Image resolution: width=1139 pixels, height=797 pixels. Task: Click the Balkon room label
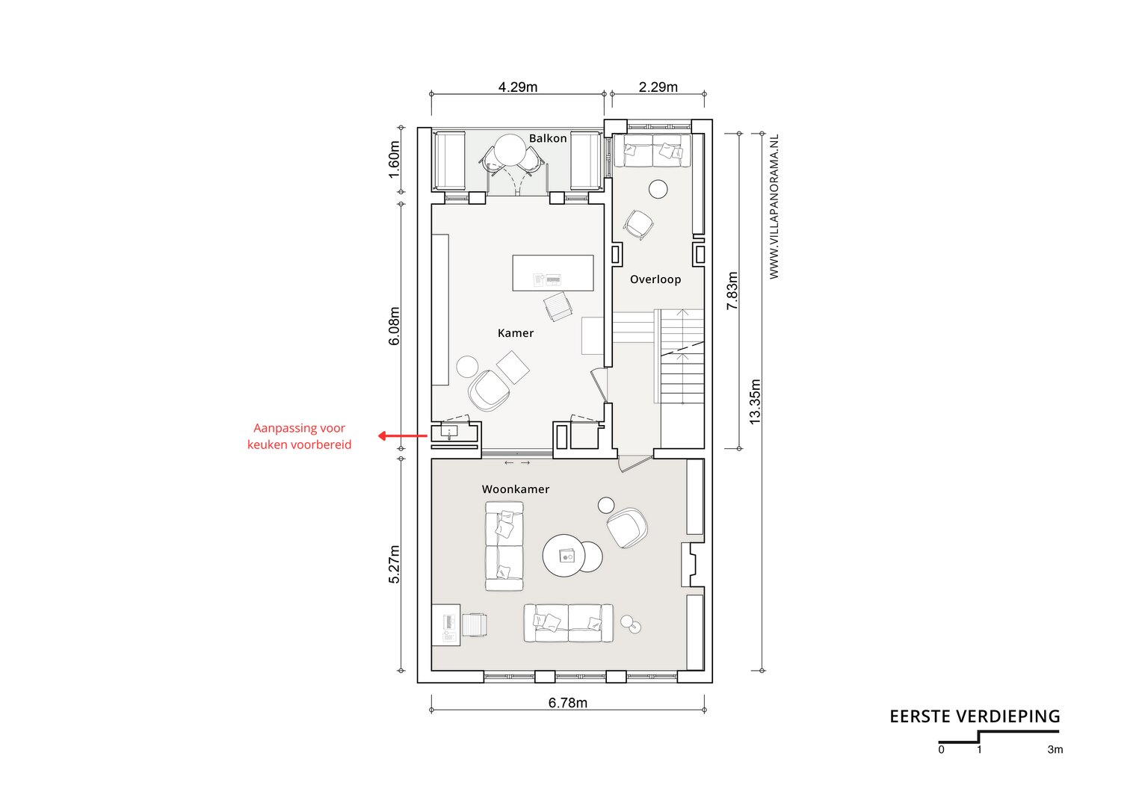(x=548, y=138)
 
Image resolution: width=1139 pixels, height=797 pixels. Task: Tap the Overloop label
(x=655, y=279)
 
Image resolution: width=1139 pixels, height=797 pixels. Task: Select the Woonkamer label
(x=516, y=489)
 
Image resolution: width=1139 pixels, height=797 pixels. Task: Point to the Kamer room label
(x=516, y=333)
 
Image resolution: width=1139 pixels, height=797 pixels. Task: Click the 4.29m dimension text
(x=518, y=87)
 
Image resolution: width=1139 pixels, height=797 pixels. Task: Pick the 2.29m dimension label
(x=658, y=87)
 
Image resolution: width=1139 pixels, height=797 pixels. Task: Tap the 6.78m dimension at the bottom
(x=567, y=702)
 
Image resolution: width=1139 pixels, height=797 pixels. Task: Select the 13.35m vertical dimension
(x=755, y=402)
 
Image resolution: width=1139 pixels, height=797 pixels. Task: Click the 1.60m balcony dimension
(x=394, y=160)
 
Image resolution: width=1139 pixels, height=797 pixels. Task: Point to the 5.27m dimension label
(x=394, y=564)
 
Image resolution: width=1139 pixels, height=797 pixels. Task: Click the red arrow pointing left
(x=403, y=435)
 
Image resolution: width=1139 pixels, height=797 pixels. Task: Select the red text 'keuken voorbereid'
(x=300, y=444)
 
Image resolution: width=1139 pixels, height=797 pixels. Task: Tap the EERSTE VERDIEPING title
(x=975, y=716)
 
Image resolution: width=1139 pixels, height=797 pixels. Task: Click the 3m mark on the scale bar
(x=1055, y=749)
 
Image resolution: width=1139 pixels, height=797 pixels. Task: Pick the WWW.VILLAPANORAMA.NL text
(x=774, y=206)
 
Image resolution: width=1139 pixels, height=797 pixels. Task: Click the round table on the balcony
(x=510, y=150)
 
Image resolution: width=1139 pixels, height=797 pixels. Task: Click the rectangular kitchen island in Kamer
(x=553, y=273)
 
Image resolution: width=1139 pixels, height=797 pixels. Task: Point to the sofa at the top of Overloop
(x=652, y=150)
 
